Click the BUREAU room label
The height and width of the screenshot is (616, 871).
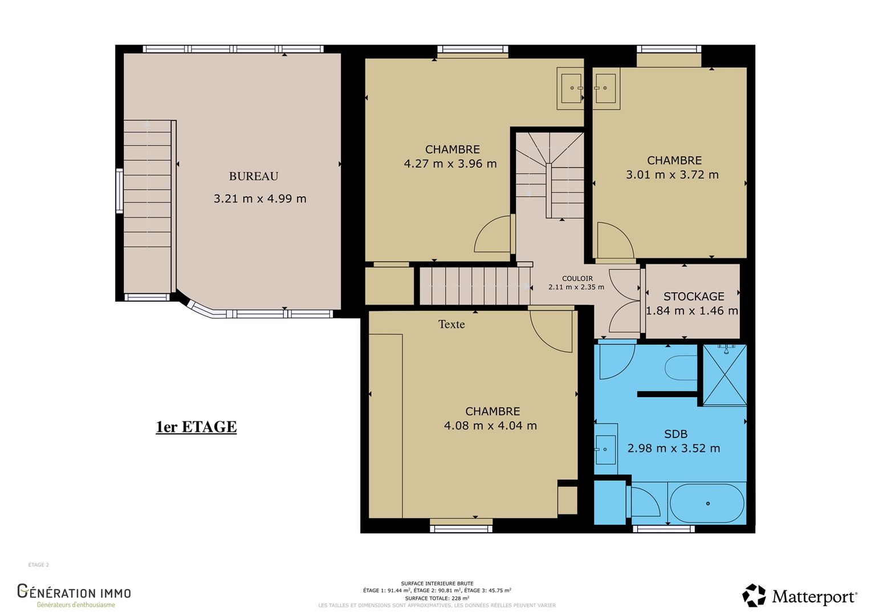click(x=254, y=176)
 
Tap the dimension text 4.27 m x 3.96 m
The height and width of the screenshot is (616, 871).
click(x=450, y=164)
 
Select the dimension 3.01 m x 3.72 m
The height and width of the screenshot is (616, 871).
click(x=672, y=175)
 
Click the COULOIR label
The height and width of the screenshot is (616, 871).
click(x=577, y=278)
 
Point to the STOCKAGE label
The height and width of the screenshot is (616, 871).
click(x=694, y=297)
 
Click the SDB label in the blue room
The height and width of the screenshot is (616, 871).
click(x=676, y=434)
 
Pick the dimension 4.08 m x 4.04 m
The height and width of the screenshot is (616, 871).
click(x=490, y=425)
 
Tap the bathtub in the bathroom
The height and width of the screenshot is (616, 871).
click(x=707, y=503)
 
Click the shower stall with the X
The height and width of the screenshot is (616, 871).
click(x=725, y=375)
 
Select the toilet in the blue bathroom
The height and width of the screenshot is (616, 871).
click(x=681, y=368)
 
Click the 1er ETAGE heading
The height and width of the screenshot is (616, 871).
click(x=196, y=427)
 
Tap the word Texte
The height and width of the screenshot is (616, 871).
click(x=451, y=324)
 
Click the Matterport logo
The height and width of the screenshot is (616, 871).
click(x=799, y=595)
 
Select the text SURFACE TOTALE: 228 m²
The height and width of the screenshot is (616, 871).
click(x=437, y=598)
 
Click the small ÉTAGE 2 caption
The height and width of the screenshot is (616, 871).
click(x=39, y=565)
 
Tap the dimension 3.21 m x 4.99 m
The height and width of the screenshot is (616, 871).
click(x=260, y=199)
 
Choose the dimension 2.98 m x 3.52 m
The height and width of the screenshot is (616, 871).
click(x=674, y=448)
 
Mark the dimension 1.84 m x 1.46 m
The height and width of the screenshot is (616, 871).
click(x=692, y=311)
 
